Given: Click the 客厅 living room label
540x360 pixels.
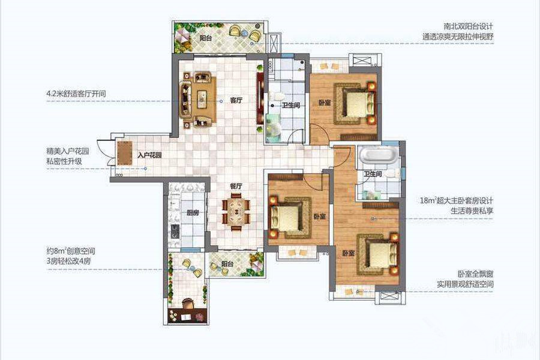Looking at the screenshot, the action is pos(236,101).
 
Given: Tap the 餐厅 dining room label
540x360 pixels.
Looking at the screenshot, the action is pos(236,186).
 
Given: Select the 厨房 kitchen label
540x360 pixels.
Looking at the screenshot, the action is pos(193,213).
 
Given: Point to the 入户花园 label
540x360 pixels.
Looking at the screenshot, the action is pos(149,155).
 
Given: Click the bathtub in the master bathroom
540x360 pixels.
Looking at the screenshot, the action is pos(378,155).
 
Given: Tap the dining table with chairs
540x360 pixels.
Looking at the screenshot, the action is pos(236,212).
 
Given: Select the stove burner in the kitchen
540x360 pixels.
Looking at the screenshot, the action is pos(175,232).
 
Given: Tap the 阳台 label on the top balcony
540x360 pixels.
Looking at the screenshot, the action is pos(206,38).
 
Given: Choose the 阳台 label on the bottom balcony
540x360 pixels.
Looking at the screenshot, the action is pos(227,265).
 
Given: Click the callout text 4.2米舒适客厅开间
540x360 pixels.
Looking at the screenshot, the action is pos(76,94).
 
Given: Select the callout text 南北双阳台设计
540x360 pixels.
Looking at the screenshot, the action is pos(468,26).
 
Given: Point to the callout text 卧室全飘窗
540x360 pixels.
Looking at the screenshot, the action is pos(476,274).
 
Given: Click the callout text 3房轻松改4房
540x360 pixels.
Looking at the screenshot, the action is pos(69,261).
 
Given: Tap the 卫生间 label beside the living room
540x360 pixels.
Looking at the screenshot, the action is pos(291,106).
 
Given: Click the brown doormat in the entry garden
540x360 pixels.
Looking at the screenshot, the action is pos(124,154).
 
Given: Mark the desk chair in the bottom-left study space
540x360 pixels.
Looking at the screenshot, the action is pos(188,304).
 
